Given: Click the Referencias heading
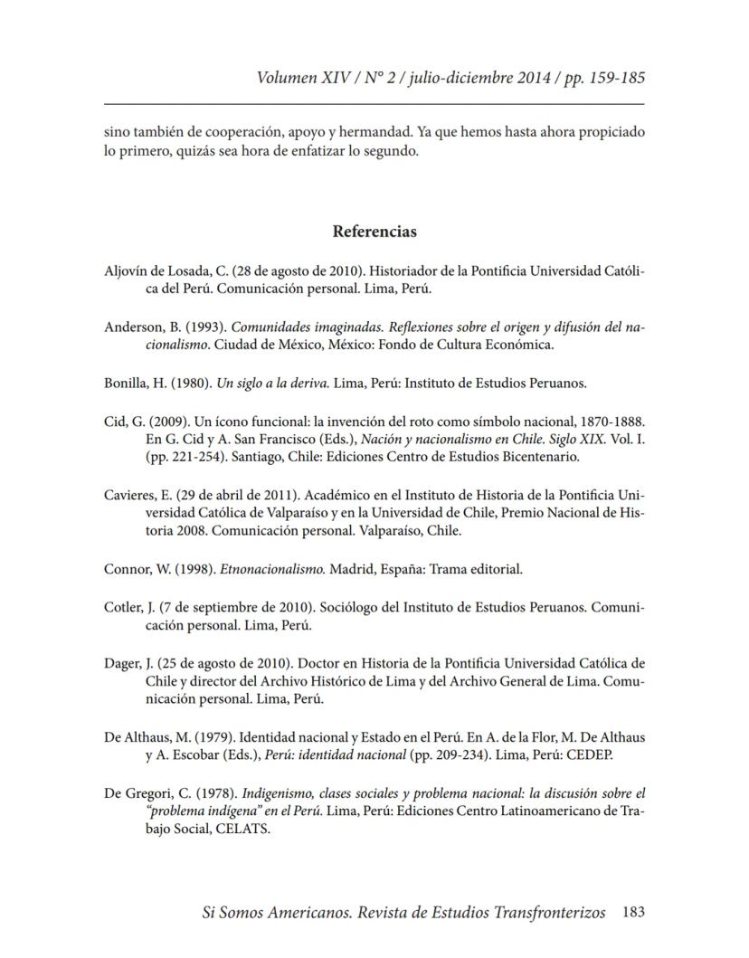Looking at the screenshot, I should click(374, 232).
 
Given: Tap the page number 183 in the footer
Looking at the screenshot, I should click(633, 913).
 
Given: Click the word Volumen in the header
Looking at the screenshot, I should click(288, 78).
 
